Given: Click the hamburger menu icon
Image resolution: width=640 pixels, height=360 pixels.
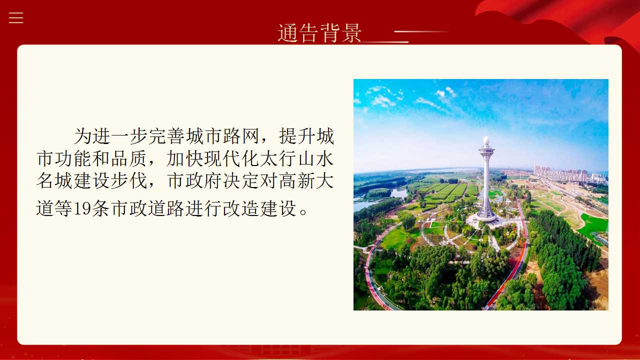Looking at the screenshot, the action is pyautogui.click(x=16, y=17).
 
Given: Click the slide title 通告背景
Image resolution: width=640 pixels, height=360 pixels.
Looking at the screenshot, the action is pyautogui.click(x=319, y=33).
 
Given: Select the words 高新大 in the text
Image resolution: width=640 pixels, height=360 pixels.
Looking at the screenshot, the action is pyautogui.click(x=306, y=180).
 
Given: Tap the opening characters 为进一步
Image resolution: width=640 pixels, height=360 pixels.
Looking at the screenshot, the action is pyautogui.click(x=110, y=136).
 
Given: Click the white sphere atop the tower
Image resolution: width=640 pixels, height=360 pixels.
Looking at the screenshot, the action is pyautogui.click(x=486, y=140).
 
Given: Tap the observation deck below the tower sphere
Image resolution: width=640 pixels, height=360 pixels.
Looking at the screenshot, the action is pyautogui.click(x=486, y=149).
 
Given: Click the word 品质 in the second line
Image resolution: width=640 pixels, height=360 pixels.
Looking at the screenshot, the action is pyautogui.click(x=129, y=158).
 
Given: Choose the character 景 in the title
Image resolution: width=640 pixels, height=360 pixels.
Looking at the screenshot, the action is pyautogui.click(x=351, y=33).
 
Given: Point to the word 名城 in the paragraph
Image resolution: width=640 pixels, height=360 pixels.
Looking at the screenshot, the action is pyautogui.click(x=54, y=180).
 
